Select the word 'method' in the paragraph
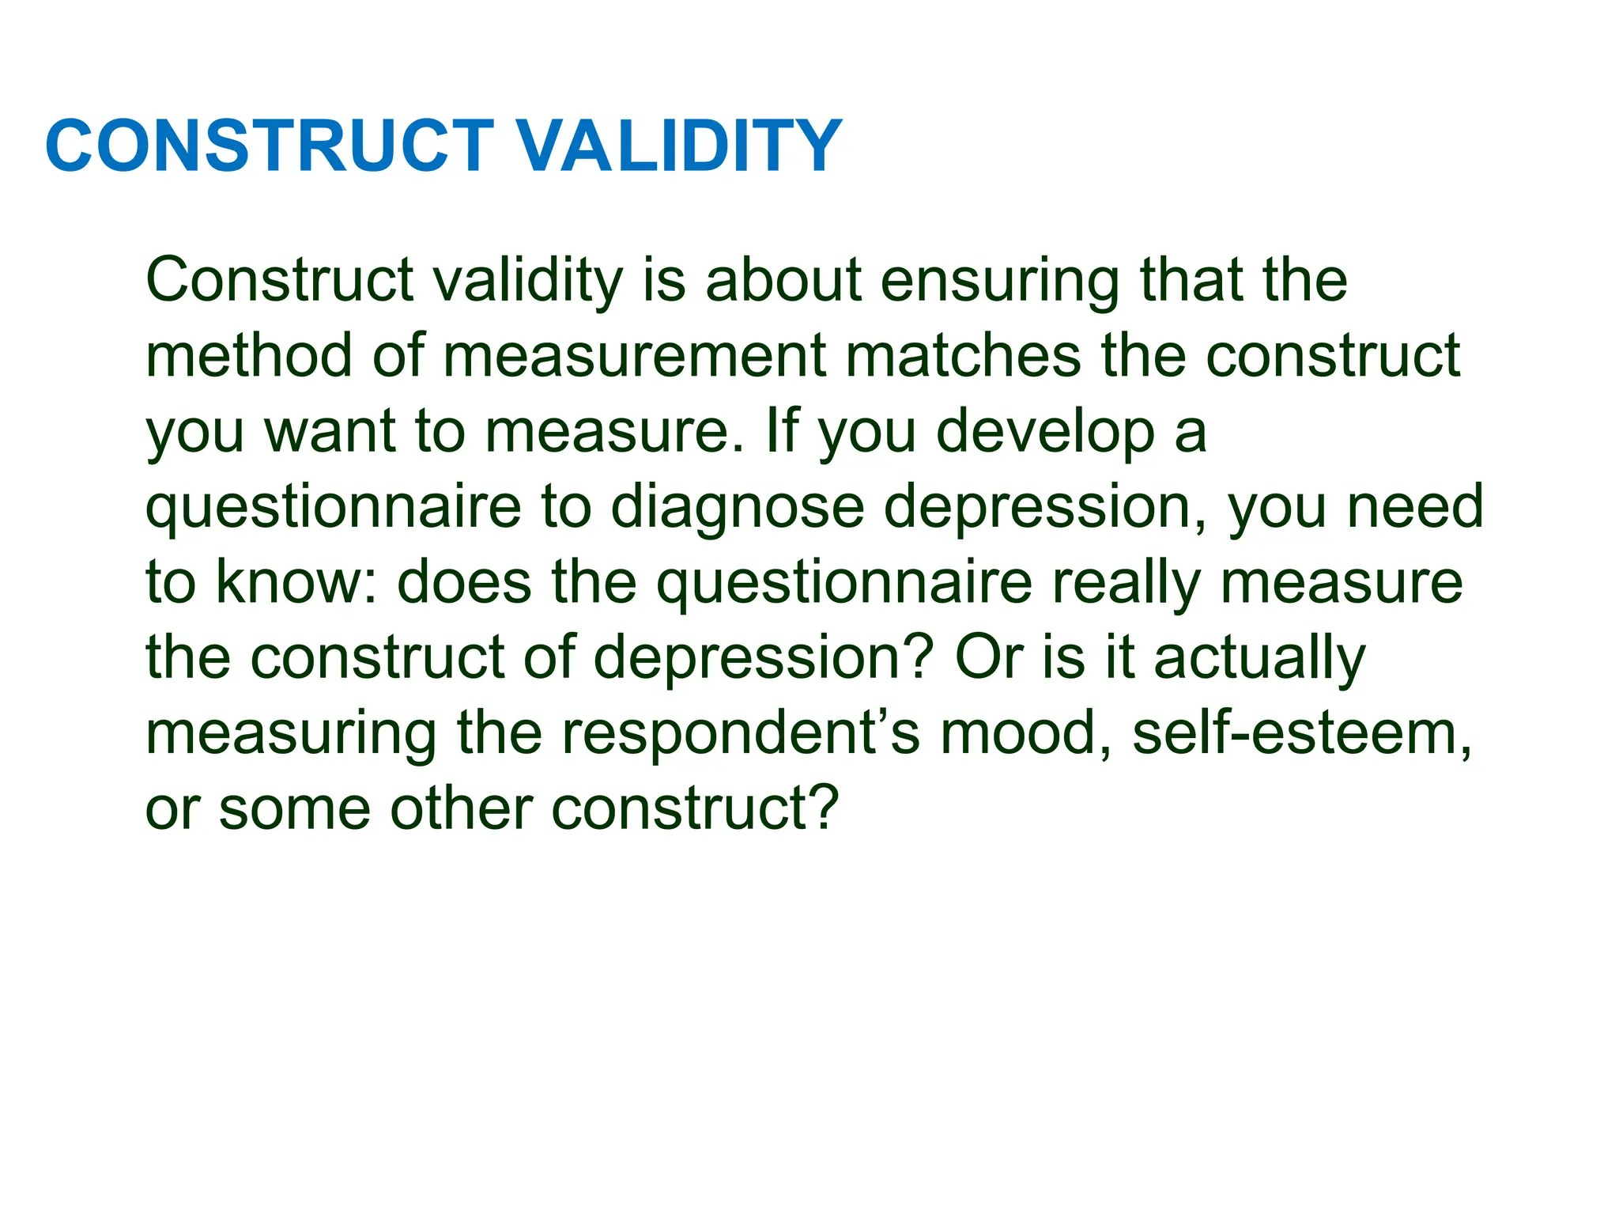(248, 356)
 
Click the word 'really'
(1125, 584)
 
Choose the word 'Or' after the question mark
(989, 657)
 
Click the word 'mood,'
(1027, 732)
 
